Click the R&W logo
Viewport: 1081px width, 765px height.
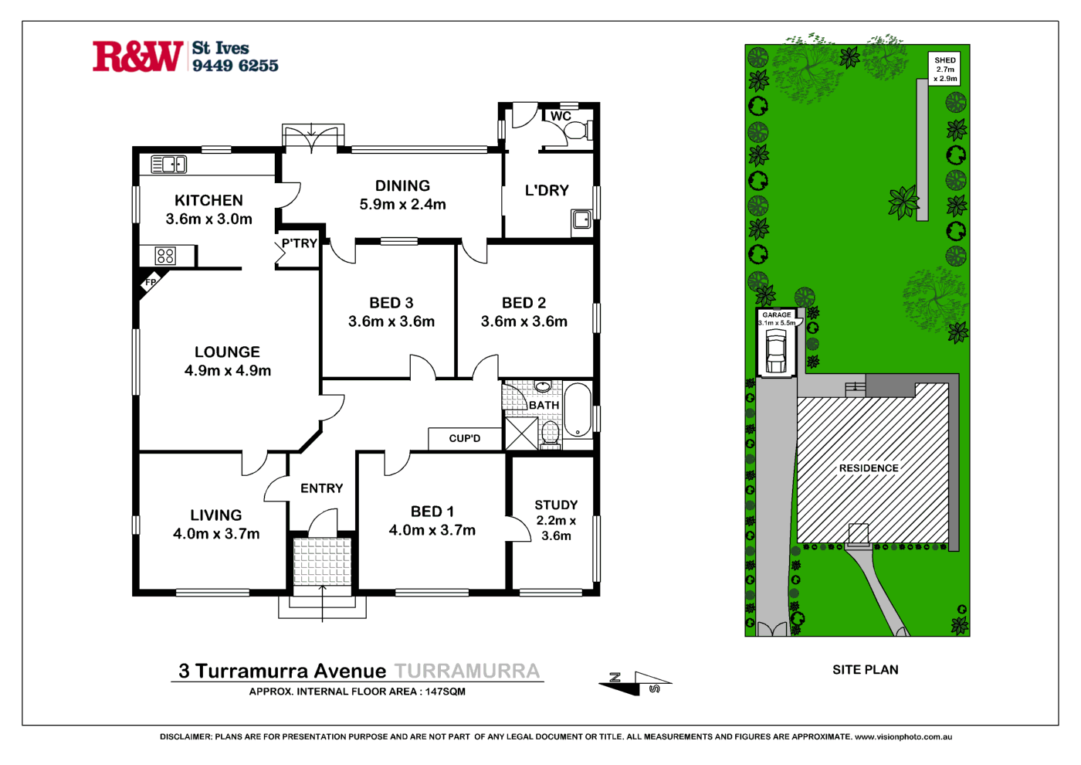(x=137, y=56)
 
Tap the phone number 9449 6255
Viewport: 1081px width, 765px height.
(x=235, y=66)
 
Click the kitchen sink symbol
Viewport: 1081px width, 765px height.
(x=169, y=164)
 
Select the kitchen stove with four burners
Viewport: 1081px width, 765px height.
(x=165, y=256)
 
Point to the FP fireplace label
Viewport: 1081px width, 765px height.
(x=151, y=283)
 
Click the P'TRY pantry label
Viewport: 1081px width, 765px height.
(x=300, y=243)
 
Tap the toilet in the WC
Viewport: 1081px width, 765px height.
(x=575, y=130)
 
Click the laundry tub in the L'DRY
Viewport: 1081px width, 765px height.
(x=581, y=220)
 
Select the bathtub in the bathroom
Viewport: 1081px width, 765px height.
(x=577, y=410)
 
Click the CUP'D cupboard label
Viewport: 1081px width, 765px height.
(x=465, y=438)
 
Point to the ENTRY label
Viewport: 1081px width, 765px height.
(x=322, y=488)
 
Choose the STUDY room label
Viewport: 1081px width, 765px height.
(x=556, y=505)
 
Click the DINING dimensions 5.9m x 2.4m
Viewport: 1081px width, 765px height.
(x=402, y=205)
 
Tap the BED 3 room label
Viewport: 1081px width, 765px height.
(x=391, y=303)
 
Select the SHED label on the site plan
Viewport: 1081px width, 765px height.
(x=945, y=60)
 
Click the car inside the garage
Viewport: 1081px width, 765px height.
(x=776, y=352)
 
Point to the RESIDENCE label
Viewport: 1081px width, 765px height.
(x=869, y=468)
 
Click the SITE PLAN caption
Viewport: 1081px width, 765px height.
(x=865, y=670)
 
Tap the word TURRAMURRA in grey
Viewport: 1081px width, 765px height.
(x=467, y=671)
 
